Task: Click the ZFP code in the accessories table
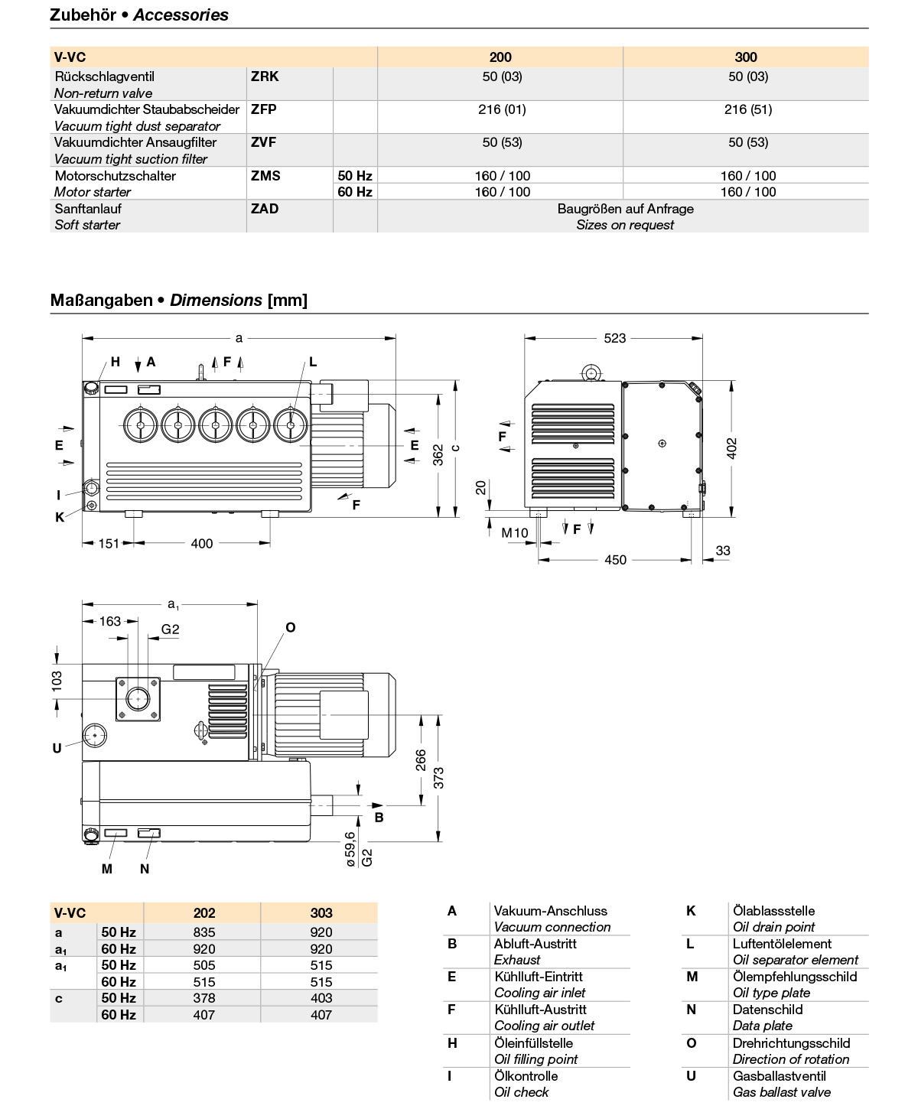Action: (264, 109)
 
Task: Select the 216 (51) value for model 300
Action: (747, 109)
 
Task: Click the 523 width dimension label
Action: (614, 338)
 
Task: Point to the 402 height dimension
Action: (732, 448)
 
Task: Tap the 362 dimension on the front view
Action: (438, 454)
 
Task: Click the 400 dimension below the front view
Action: (202, 543)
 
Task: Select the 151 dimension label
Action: (109, 543)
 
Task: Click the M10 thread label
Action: (515, 533)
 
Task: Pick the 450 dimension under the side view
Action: (615, 560)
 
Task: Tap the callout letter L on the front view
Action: (313, 362)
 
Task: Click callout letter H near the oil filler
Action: (116, 362)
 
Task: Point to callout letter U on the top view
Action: (57, 748)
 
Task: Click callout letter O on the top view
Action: (290, 627)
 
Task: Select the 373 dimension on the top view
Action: (438, 778)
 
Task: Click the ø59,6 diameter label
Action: (350, 849)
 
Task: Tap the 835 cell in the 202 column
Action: (204, 932)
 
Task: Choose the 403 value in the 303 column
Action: (321, 998)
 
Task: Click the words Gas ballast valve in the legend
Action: (781, 1092)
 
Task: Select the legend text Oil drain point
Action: (773, 927)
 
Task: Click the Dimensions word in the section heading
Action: (216, 300)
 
